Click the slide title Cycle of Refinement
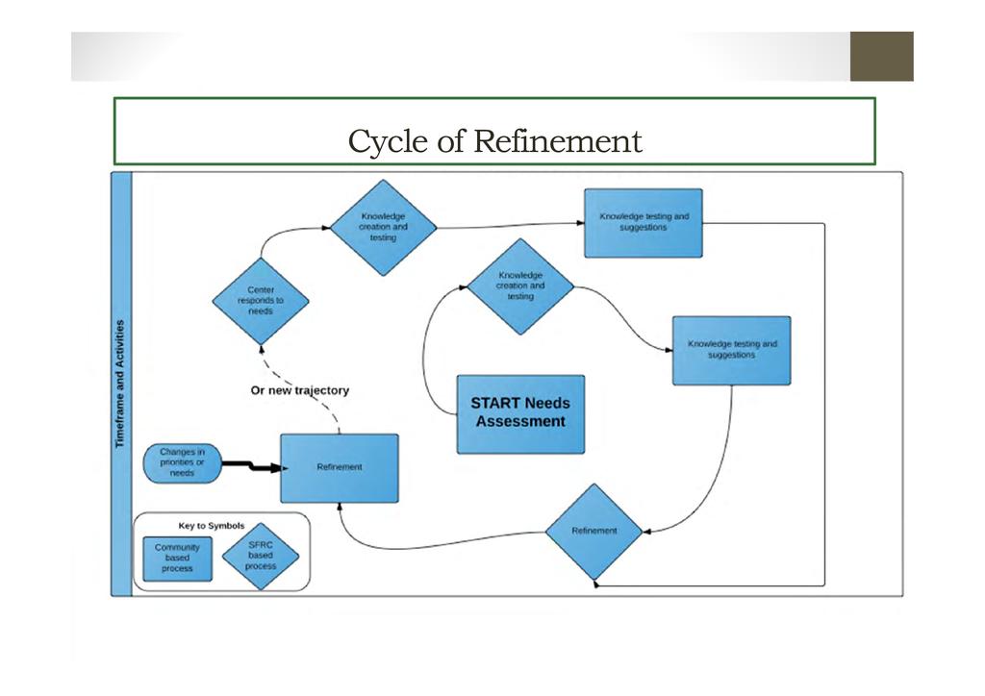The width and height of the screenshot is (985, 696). point(494,141)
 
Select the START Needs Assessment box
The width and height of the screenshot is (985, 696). point(519,413)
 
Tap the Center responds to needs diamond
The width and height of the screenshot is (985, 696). point(261,301)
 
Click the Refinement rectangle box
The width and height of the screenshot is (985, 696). point(339,467)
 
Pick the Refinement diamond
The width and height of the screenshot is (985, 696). point(594,532)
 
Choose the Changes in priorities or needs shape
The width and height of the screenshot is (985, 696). point(182,462)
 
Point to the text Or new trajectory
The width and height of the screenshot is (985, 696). point(299,390)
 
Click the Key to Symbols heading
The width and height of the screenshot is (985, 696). point(212,526)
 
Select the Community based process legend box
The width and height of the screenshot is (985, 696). point(177,559)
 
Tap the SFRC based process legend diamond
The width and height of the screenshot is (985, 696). point(260,556)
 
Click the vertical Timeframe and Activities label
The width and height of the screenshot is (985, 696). point(121,384)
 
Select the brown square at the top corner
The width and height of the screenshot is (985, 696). point(881,57)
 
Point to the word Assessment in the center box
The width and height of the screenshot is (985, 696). point(520,422)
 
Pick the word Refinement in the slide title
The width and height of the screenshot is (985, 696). point(558,141)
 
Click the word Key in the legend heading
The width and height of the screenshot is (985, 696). point(188,526)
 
